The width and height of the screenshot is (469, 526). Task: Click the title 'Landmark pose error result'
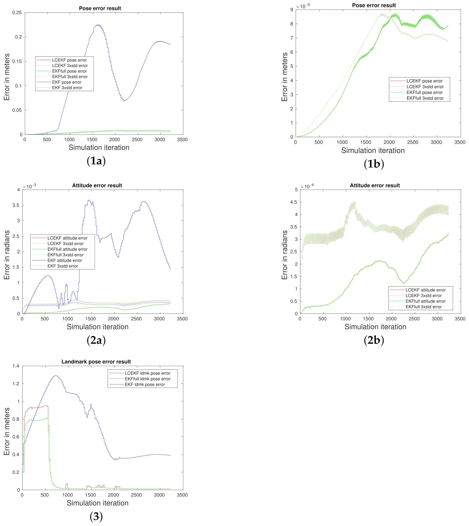(96, 362)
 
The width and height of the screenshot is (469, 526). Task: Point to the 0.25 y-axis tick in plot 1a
(17, 13)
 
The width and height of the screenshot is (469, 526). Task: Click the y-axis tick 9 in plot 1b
(292, 10)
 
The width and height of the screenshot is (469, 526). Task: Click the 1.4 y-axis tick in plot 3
(16, 366)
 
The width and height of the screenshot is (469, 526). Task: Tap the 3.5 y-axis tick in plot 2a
(16, 205)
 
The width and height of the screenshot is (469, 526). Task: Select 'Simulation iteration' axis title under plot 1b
(373, 151)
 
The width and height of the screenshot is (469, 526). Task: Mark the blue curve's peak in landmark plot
(56, 376)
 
